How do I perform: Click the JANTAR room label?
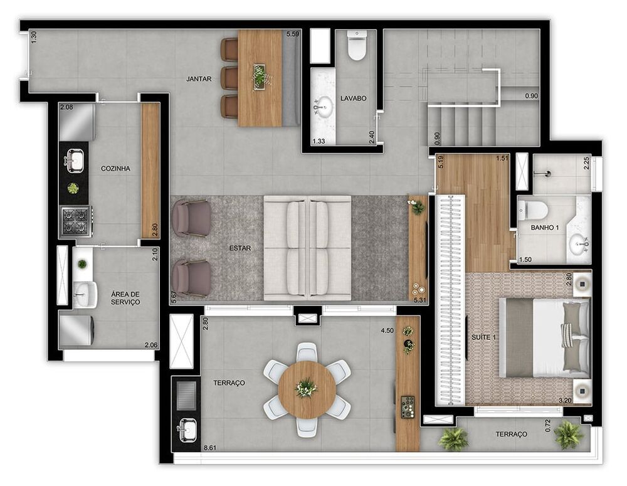[x=198, y=79]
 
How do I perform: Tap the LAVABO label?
[x=353, y=98]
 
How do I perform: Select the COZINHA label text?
[x=115, y=169]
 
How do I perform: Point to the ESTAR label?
[x=240, y=248]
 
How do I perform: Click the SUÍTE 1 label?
[x=484, y=338]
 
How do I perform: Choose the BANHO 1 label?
[x=545, y=227]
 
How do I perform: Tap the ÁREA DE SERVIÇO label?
[x=125, y=298]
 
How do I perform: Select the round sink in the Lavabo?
[x=324, y=105]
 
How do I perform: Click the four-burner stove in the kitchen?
[x=75, y=221]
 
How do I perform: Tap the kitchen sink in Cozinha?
[x=73, y=160]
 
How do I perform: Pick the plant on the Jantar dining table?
[x=260, y=76]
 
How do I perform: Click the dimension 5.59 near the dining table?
[x=292, y=34]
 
